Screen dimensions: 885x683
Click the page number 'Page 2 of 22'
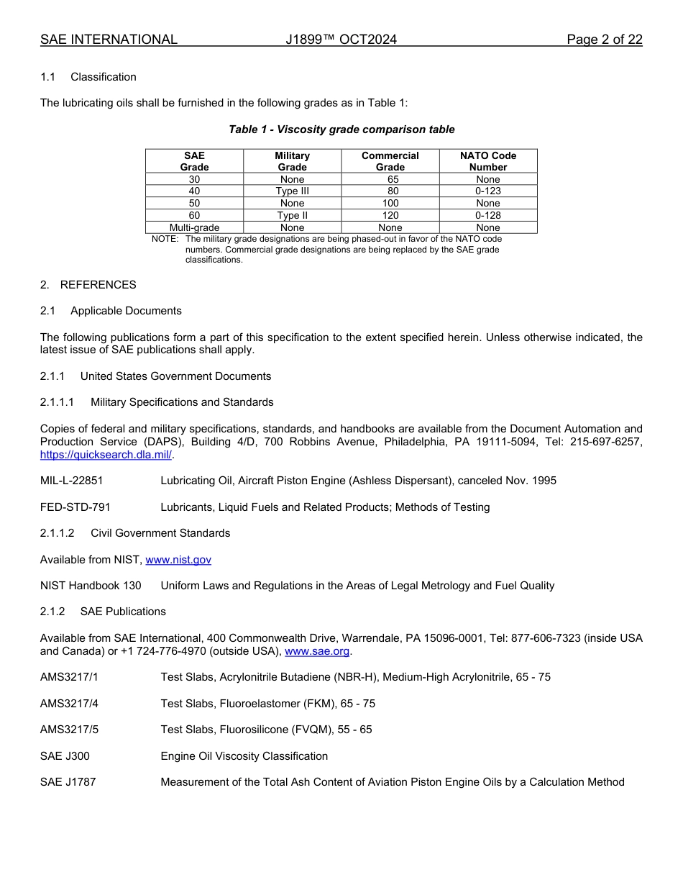pos(604,40)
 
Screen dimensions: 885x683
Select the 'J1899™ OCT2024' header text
pos(341,40)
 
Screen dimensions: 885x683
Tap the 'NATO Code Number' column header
pos(488,161)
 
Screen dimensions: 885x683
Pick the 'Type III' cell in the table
pos(292,191)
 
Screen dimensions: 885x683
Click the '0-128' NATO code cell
pos(488,215)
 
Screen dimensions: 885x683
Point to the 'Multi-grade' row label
pos(194,227)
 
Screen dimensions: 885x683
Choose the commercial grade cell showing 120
pos(390,215)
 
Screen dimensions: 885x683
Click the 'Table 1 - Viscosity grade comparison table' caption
pos(341,130)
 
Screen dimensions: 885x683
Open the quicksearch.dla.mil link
pos(106,455)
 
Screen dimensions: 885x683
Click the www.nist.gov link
pos(178,560)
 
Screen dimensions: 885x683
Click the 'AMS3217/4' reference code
pos(69,704)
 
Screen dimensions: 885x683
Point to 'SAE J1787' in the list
pos(68,782)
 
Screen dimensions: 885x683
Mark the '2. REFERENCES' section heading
pos(88,285)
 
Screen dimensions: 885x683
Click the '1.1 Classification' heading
pos(88,77)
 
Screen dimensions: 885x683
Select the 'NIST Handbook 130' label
pos(91,586)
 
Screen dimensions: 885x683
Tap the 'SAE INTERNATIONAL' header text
pos(109,40)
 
